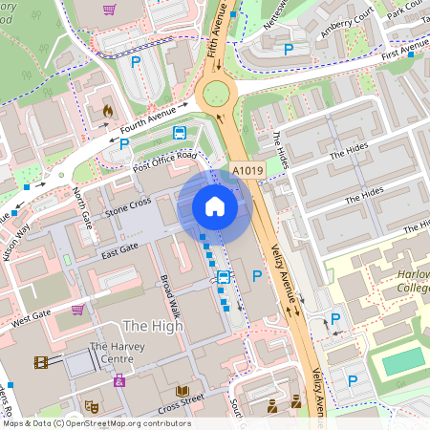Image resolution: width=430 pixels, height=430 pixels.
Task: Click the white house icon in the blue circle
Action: click(215, 205)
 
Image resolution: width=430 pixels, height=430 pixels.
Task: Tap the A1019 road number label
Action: click(247, 171)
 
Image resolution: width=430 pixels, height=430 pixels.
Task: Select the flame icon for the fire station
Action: click(107, 111)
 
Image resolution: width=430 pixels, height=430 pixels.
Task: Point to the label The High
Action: click(153, 326)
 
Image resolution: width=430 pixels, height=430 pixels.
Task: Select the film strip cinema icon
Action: click(42, 362)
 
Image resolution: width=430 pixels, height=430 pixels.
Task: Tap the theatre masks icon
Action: click(92, 405)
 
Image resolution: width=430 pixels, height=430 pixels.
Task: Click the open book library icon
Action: click(182, 391)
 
